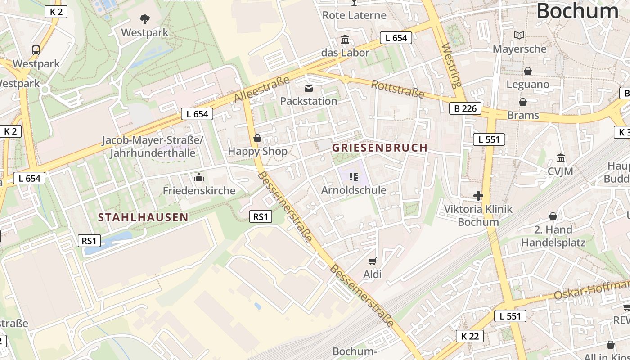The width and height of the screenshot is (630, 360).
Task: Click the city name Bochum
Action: coord(577,11)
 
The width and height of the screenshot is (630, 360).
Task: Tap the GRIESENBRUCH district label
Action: coord(380,148)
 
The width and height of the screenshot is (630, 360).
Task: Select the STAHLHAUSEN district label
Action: coord(143,218)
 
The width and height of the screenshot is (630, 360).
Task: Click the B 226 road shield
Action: coord(465,108)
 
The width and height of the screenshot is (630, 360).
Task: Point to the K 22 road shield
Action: coord(470,336)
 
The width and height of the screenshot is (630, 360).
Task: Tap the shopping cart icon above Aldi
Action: coord(372,261)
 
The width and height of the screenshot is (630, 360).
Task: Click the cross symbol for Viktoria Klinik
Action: coord(478,196)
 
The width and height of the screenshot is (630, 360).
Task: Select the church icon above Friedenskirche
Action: coord(198,178)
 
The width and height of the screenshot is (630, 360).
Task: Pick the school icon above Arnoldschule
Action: coord(353,177)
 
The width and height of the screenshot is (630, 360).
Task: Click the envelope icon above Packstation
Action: coord(309,88)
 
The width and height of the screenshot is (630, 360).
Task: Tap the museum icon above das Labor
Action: coord(345,40)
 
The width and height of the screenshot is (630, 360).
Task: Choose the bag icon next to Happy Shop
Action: coord(257,138)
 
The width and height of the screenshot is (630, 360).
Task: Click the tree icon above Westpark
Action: coord(144,19)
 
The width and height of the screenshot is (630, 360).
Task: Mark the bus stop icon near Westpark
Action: coord(36,50)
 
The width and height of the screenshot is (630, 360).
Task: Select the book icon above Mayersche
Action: coord(519,35)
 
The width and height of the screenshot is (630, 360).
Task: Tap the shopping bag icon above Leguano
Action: coord(528,71)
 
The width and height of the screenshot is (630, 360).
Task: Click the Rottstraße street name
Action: coord(398,89)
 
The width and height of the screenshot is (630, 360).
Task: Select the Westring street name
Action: coord(452,66)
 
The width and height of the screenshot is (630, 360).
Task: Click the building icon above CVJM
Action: coord(561,158)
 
